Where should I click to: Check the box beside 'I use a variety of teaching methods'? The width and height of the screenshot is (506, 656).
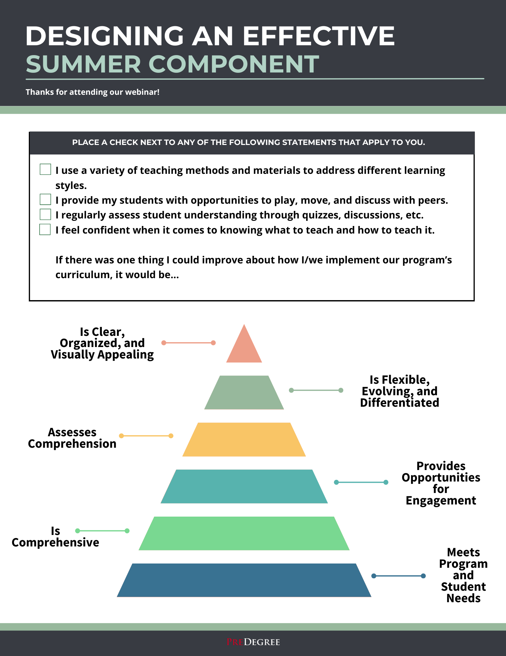tap(45, 169)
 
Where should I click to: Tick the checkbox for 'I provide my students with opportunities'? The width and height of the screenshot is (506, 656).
tap(45, 199)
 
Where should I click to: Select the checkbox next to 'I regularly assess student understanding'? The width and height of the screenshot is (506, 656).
tap(45, 214)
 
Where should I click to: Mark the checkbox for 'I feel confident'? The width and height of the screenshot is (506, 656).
tap(45, 229)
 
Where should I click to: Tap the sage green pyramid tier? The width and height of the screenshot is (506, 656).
tap(244, 393)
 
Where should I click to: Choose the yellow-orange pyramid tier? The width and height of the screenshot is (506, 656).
tap(244, 440)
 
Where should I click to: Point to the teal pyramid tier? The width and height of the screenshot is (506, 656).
tap(244, 486)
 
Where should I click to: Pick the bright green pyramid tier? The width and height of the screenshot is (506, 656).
tap(244, 533)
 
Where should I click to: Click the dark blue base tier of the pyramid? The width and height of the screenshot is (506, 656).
tap(244, 580)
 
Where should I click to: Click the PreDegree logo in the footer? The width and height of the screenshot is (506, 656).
tap(253, 642)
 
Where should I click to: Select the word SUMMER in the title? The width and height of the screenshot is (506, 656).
tap(83, 64)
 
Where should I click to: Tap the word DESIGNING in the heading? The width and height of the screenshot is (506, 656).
tap(104, 36)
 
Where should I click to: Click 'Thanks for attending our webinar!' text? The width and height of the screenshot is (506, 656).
tap(93, 92)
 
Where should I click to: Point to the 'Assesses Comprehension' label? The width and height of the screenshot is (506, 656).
tap(72, 438)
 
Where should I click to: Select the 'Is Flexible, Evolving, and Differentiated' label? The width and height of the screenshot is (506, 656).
tap(400, 391)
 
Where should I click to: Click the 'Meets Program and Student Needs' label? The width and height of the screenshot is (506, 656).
tap(463, 575)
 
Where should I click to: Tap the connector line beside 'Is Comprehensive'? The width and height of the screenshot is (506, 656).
tap(102, 531)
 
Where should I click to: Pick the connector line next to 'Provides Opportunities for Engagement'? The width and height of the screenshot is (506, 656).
tap(361, 482)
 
